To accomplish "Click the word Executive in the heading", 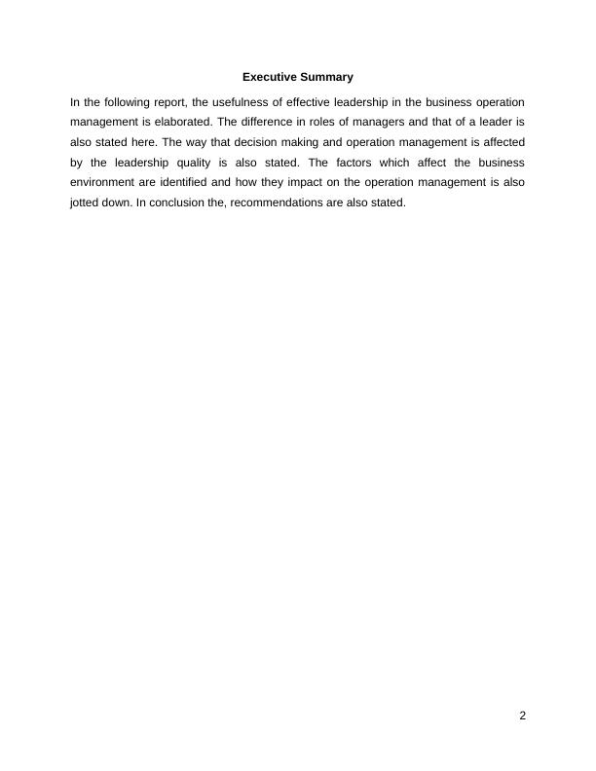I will [x=269, y=76].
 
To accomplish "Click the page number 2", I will [x=522, y=716].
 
